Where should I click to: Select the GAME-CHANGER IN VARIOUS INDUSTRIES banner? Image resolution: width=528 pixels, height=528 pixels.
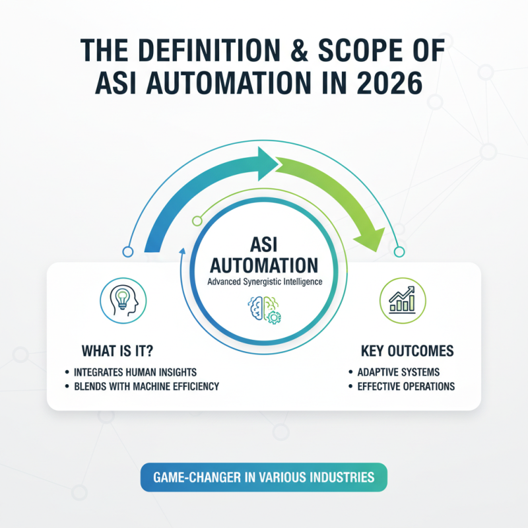263,477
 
